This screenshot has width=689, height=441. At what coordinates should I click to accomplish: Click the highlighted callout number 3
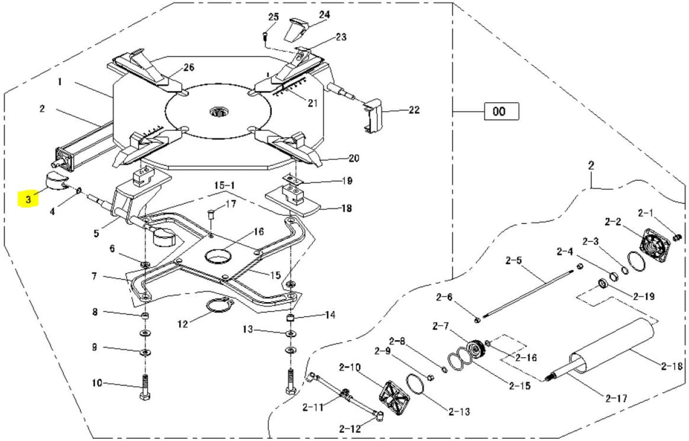click(x=29, y=199)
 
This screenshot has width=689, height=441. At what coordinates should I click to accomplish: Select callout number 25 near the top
click(x=273, y=17)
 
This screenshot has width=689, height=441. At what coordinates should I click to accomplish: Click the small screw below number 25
click(x=265, y=37)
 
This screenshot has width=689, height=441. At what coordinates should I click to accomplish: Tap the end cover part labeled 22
click(x=372, y=116)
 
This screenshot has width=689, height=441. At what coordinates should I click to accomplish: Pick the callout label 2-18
click(x=672, y=366)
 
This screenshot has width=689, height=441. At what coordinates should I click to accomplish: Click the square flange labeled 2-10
click(x=395, y=398)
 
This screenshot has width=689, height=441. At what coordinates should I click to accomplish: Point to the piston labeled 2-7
click(x=476, y=349)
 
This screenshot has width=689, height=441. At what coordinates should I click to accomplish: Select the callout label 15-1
click(x=224, y=185)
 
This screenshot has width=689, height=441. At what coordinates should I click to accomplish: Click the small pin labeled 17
click(x=211, y=213)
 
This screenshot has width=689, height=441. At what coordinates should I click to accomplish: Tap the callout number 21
click(x=312, y=103)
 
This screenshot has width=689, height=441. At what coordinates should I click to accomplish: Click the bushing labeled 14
click(x=290, y=318)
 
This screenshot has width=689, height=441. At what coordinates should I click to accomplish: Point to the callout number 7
click(x=95, y=276)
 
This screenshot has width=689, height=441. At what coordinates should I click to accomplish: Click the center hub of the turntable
click(x=219, y=111)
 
